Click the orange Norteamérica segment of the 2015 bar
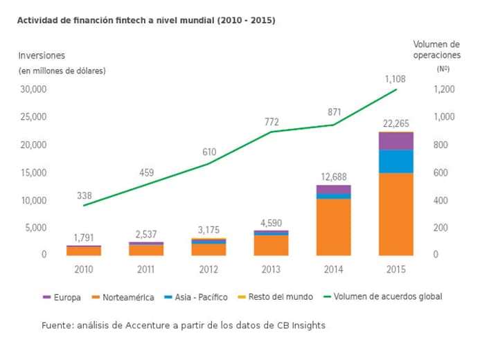pos(395,214)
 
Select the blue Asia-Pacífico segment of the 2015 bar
pos(395,161)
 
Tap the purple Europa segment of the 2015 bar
pos(395,141)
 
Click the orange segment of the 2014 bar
pos(334,227)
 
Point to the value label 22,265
pos(395,123)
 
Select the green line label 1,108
pos(395,79)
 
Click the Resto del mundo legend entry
pos(276,297)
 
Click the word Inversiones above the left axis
pos(41,55)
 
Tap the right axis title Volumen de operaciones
pos(436,49)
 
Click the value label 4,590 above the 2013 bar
pos(272,222)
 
